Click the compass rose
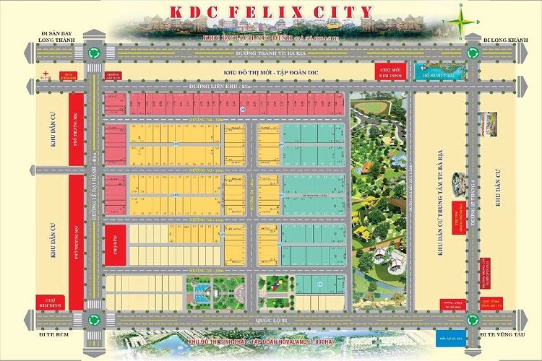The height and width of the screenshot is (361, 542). pos(460,20)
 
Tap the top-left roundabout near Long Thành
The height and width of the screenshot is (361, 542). pos(93,52)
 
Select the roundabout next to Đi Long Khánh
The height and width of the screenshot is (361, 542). pos(473,52)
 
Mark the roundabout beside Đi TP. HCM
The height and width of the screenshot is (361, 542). pos(93,319)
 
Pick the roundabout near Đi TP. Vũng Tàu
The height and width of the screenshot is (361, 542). pos(473,319)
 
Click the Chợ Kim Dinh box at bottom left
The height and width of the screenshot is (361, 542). pos(50,300)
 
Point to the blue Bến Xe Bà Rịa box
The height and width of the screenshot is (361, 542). pos(449,336)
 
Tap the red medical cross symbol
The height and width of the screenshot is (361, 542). pos(46,73)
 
